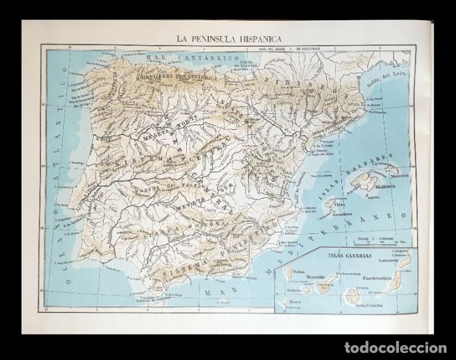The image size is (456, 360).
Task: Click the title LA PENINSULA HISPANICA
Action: (229, 37)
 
